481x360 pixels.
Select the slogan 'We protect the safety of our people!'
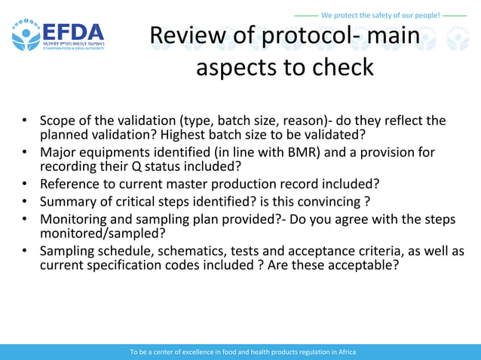pos(380,15)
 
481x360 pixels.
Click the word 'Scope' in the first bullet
pos(58,121)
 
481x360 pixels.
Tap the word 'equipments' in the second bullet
pos(116,152)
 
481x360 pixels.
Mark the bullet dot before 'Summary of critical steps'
pos(25,201)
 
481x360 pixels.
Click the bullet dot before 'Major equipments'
pos(25,152)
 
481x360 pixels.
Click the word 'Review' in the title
pos(183,35)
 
